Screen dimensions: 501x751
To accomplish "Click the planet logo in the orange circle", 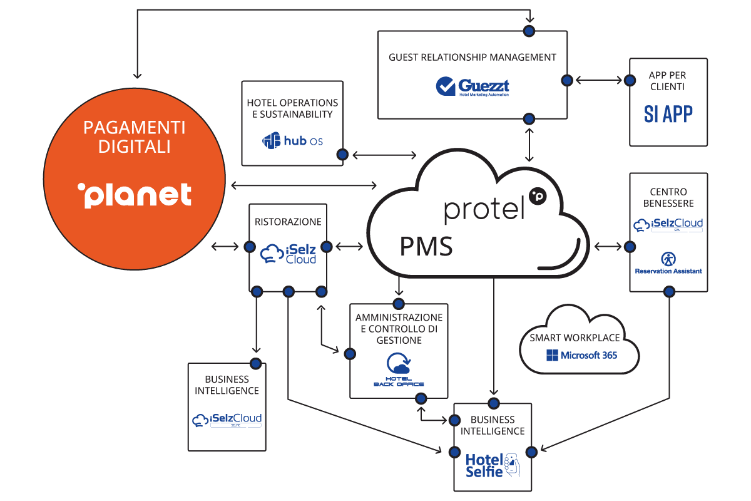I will tap(135, 195).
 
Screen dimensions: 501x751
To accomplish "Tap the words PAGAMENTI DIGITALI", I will tap(135, 137).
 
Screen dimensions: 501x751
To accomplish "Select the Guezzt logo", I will tap(473, 86).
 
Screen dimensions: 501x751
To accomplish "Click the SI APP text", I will tap(668, 113).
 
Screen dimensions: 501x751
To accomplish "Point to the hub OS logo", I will tap(293, 141).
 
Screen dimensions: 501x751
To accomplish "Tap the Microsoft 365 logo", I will tap(581, 355).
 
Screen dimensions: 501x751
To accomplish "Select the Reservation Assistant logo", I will tap(668, 264).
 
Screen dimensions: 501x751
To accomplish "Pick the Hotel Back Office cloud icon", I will tap(399, 364).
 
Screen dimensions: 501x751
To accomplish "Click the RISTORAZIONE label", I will tap(288, 221).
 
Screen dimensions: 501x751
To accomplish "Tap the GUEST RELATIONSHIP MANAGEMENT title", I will tap(473, 57).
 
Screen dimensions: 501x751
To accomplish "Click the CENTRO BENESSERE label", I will tap(668, 197).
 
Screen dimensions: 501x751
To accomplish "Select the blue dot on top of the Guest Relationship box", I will tap(529, 30).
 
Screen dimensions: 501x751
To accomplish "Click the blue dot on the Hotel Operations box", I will tap(342, 154).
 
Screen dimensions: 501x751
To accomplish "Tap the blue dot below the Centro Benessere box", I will tap(669, 291).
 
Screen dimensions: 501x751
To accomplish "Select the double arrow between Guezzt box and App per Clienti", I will tap(599, 80).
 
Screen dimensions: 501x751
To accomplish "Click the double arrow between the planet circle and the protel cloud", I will tap(304, 185).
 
